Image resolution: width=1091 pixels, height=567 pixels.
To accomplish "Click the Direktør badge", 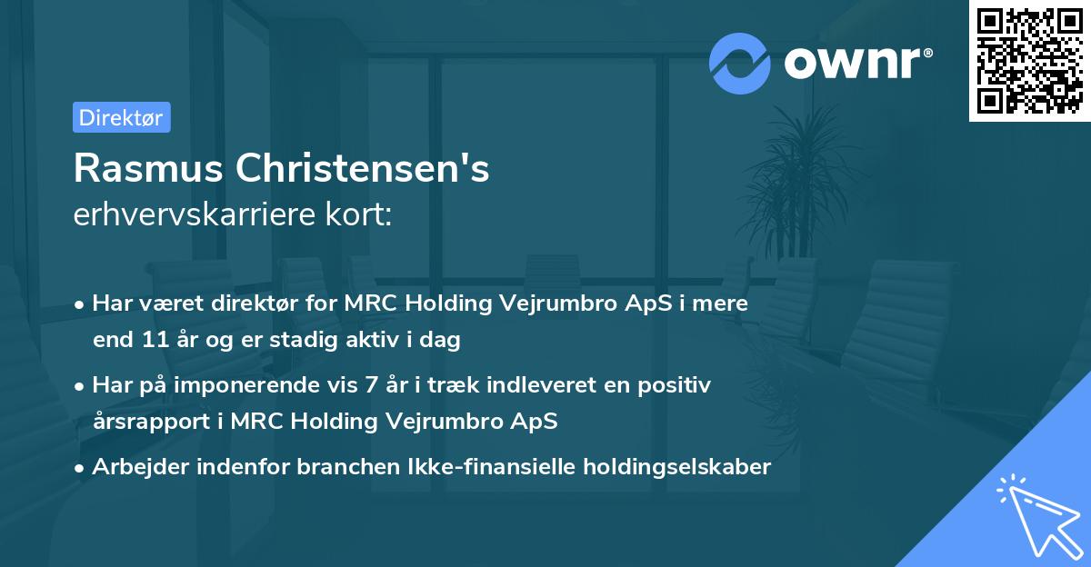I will tap(121, 117).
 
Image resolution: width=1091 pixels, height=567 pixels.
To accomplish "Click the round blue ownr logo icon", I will tap(740, 63).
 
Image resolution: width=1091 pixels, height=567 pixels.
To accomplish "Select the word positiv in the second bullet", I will tap(676, 385).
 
